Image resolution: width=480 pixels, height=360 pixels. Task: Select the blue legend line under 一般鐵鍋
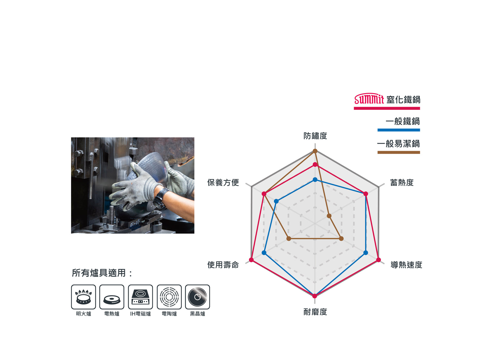click(x=399, y=130)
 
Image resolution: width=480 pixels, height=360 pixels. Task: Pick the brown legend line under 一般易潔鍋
click(x=399, y=152)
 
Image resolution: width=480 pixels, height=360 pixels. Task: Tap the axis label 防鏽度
click(x=315, y=136)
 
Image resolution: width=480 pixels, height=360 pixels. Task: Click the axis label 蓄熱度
click(x=402, y=182)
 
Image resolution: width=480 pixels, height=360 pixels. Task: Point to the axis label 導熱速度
click(x=406, y=265)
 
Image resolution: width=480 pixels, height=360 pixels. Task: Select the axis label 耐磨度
click(x=315, y=312)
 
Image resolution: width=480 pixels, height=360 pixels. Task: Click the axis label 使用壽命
click(x=223, y=265)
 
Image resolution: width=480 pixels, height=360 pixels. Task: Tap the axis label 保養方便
click(x=223, y=182)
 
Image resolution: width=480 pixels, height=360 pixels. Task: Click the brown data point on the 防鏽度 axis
click(x=315, y=151)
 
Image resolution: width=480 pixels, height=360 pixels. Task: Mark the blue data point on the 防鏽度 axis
click(x=315, y=180)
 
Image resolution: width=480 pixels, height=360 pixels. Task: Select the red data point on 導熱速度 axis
click(x=379, y=260)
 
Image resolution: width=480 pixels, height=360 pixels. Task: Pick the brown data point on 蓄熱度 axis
click(x=329, y=216)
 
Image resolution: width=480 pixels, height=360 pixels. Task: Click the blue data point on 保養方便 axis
click(x=276, y=201)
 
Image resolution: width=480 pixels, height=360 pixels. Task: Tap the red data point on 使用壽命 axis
click(x=251, y=260)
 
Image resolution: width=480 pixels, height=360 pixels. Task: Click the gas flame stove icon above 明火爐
click(x=83, y=297)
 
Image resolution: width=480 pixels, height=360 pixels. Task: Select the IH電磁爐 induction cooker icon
click(x=140, y=297)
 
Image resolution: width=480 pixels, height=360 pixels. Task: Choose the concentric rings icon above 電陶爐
click(x=169, y=297)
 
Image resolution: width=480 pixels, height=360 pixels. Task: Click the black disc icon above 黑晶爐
click(x=197, y=297)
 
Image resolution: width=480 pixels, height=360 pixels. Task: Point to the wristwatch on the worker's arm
click(x=161, y=199)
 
